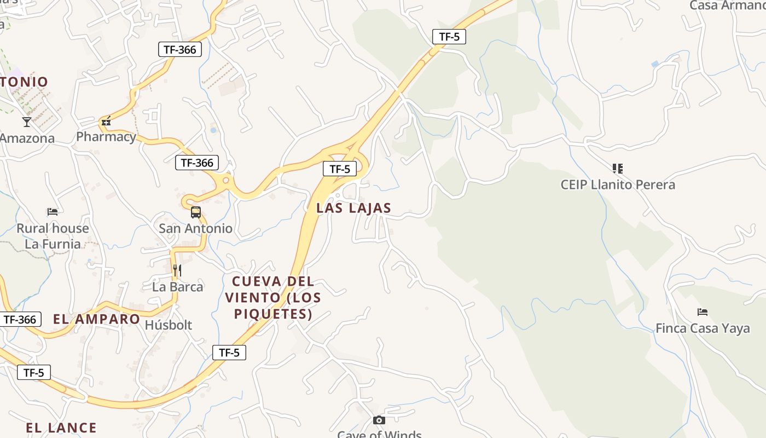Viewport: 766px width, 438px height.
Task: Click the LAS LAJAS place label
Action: click(x=354, y=208)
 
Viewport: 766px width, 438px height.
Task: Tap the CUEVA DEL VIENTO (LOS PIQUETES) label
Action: click(x=273, y=297)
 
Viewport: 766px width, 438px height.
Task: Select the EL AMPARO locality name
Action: click(x=97, y=319)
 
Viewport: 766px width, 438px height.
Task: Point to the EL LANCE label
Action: click(x=61, y=428)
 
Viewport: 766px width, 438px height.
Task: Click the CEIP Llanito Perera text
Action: click(x=618, y=185)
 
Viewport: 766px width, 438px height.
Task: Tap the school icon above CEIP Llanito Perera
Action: click(x=618, y=168)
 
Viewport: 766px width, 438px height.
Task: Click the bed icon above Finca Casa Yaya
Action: click(x=703, y=312)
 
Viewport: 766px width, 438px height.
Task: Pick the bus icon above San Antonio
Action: click(x=195, y=212)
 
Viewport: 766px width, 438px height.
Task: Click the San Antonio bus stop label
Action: click(x=195, y=228)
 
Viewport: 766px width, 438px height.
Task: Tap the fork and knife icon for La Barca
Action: click(x=177, y=270)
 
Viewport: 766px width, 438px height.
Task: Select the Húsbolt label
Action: click(x=169, y=325)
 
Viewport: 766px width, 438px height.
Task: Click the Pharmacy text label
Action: click(x=106, y=136)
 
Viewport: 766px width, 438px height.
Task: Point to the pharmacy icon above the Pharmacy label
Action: click(x=106, y=122)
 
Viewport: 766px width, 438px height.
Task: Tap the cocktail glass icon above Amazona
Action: click(x=26, y=122)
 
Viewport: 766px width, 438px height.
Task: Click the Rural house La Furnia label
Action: click(x=53, y=236)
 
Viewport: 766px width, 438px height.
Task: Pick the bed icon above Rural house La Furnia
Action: click(x=53, y=211)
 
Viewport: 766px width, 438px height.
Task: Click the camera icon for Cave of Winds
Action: click(x=379, y=420)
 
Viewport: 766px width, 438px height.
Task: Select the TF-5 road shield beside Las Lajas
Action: click(x=339, y=169)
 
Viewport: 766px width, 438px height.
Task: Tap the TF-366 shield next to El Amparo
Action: click(x=20, y=320)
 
